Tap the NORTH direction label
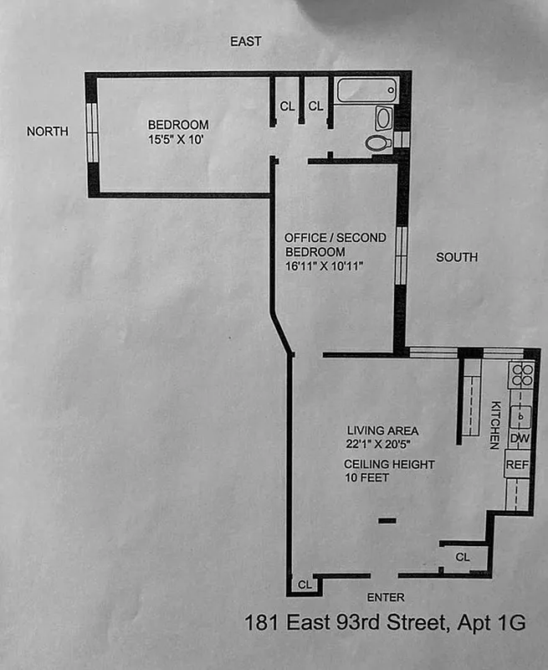[47, 131]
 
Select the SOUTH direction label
[457, 257]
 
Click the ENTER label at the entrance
[386, 597]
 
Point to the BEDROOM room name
[174, 125]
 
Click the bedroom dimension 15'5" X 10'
[174, 140]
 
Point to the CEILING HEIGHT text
[377, 463]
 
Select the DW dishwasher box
[519, 438]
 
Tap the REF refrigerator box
[518, 463]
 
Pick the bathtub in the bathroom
[367, 90]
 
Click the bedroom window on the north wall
[93, 131]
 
